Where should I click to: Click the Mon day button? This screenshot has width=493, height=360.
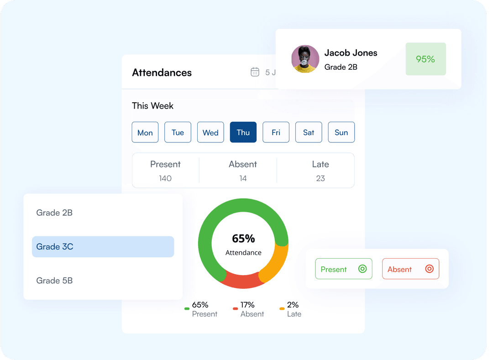pos(145,132)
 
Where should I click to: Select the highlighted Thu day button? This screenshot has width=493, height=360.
pos(243,132)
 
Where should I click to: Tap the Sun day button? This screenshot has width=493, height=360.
pos(341,132)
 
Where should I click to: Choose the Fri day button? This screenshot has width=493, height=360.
pos(276,132)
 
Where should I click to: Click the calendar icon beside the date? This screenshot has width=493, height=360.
pos(255,72)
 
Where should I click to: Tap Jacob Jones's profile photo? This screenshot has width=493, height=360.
pos(305,59)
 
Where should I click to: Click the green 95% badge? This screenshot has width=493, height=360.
pos(425,59)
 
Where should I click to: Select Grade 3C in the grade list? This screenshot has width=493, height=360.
pos(103,247)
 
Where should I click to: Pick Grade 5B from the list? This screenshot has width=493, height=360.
pos(55,281)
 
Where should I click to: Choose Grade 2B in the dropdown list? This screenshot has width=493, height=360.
pos(55,213)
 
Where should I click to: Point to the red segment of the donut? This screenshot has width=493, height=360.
pos(242,282)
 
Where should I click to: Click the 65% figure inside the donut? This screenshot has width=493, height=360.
pos(243,239)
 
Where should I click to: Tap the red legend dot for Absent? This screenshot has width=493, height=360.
pos(235,309)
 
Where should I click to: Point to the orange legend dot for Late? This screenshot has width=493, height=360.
pos(282,309)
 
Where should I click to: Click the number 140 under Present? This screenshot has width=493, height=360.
pos(165,178)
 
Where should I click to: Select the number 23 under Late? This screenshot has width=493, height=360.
pos(320,178)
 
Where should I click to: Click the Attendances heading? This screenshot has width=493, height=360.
pos(162,73)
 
